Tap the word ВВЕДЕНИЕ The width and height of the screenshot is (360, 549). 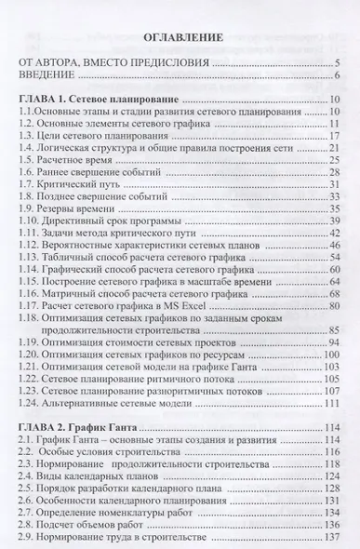click(x=51, y=76)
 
